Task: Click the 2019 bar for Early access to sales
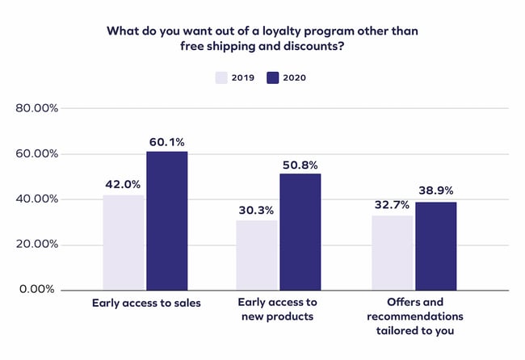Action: pos(124,242)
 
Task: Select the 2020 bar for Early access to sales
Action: pos(166,220)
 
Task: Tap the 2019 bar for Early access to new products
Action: pos(257,254)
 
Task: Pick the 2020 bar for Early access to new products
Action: pos(300,231)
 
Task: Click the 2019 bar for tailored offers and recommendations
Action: pos(392,252)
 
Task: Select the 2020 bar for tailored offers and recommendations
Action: pos(435,245)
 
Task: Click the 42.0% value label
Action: pos(124,184)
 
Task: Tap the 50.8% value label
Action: pos(301,164)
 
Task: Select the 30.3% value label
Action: pos(257,210)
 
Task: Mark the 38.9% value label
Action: pos(436,191)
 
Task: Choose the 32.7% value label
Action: pos(392,205)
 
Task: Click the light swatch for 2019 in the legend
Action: pos(224,77)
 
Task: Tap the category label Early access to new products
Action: pos(278,309)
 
